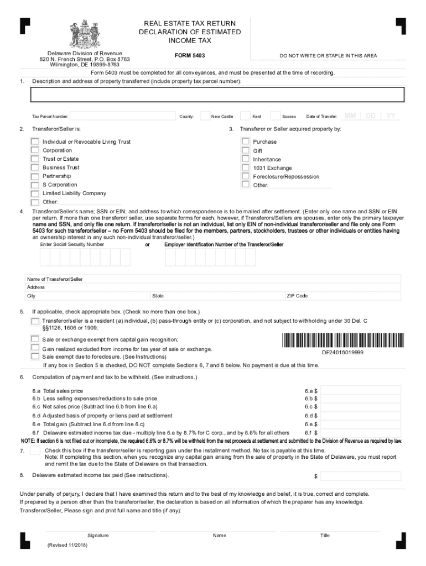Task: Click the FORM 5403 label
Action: click(x=189, y=55)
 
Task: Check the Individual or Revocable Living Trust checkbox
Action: click(x=35, y=141)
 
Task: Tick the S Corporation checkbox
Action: click(x=35, y=185)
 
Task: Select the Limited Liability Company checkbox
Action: click(x=35, y=193)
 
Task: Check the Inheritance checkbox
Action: click(x=246, y=159)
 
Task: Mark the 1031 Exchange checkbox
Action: click(x=246, y=167)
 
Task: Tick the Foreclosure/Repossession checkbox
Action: click(x=246, y=176)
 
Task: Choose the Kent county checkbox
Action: click(x=245, y=116)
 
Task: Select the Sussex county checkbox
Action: click(x=275, y=116)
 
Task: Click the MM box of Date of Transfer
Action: click(x=350, y=116)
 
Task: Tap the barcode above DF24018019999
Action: click(x=342, y=340)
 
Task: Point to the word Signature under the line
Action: click(x=98, y=536)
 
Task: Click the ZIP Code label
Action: click(x=297, y=296)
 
